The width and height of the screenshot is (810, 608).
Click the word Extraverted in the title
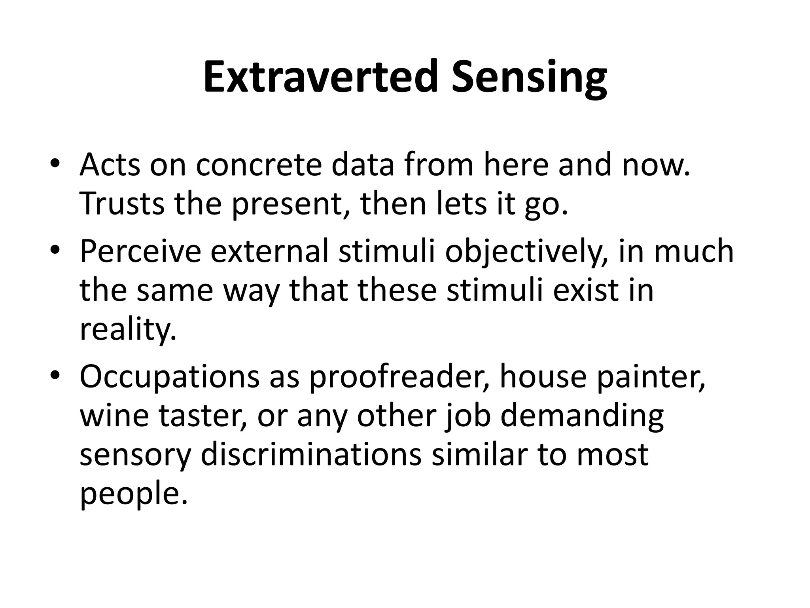pos(321,77)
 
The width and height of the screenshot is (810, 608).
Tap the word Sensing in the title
pos(529,77)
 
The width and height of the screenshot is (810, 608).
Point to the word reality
pos(128,330)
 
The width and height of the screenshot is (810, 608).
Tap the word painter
pos(651,376)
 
